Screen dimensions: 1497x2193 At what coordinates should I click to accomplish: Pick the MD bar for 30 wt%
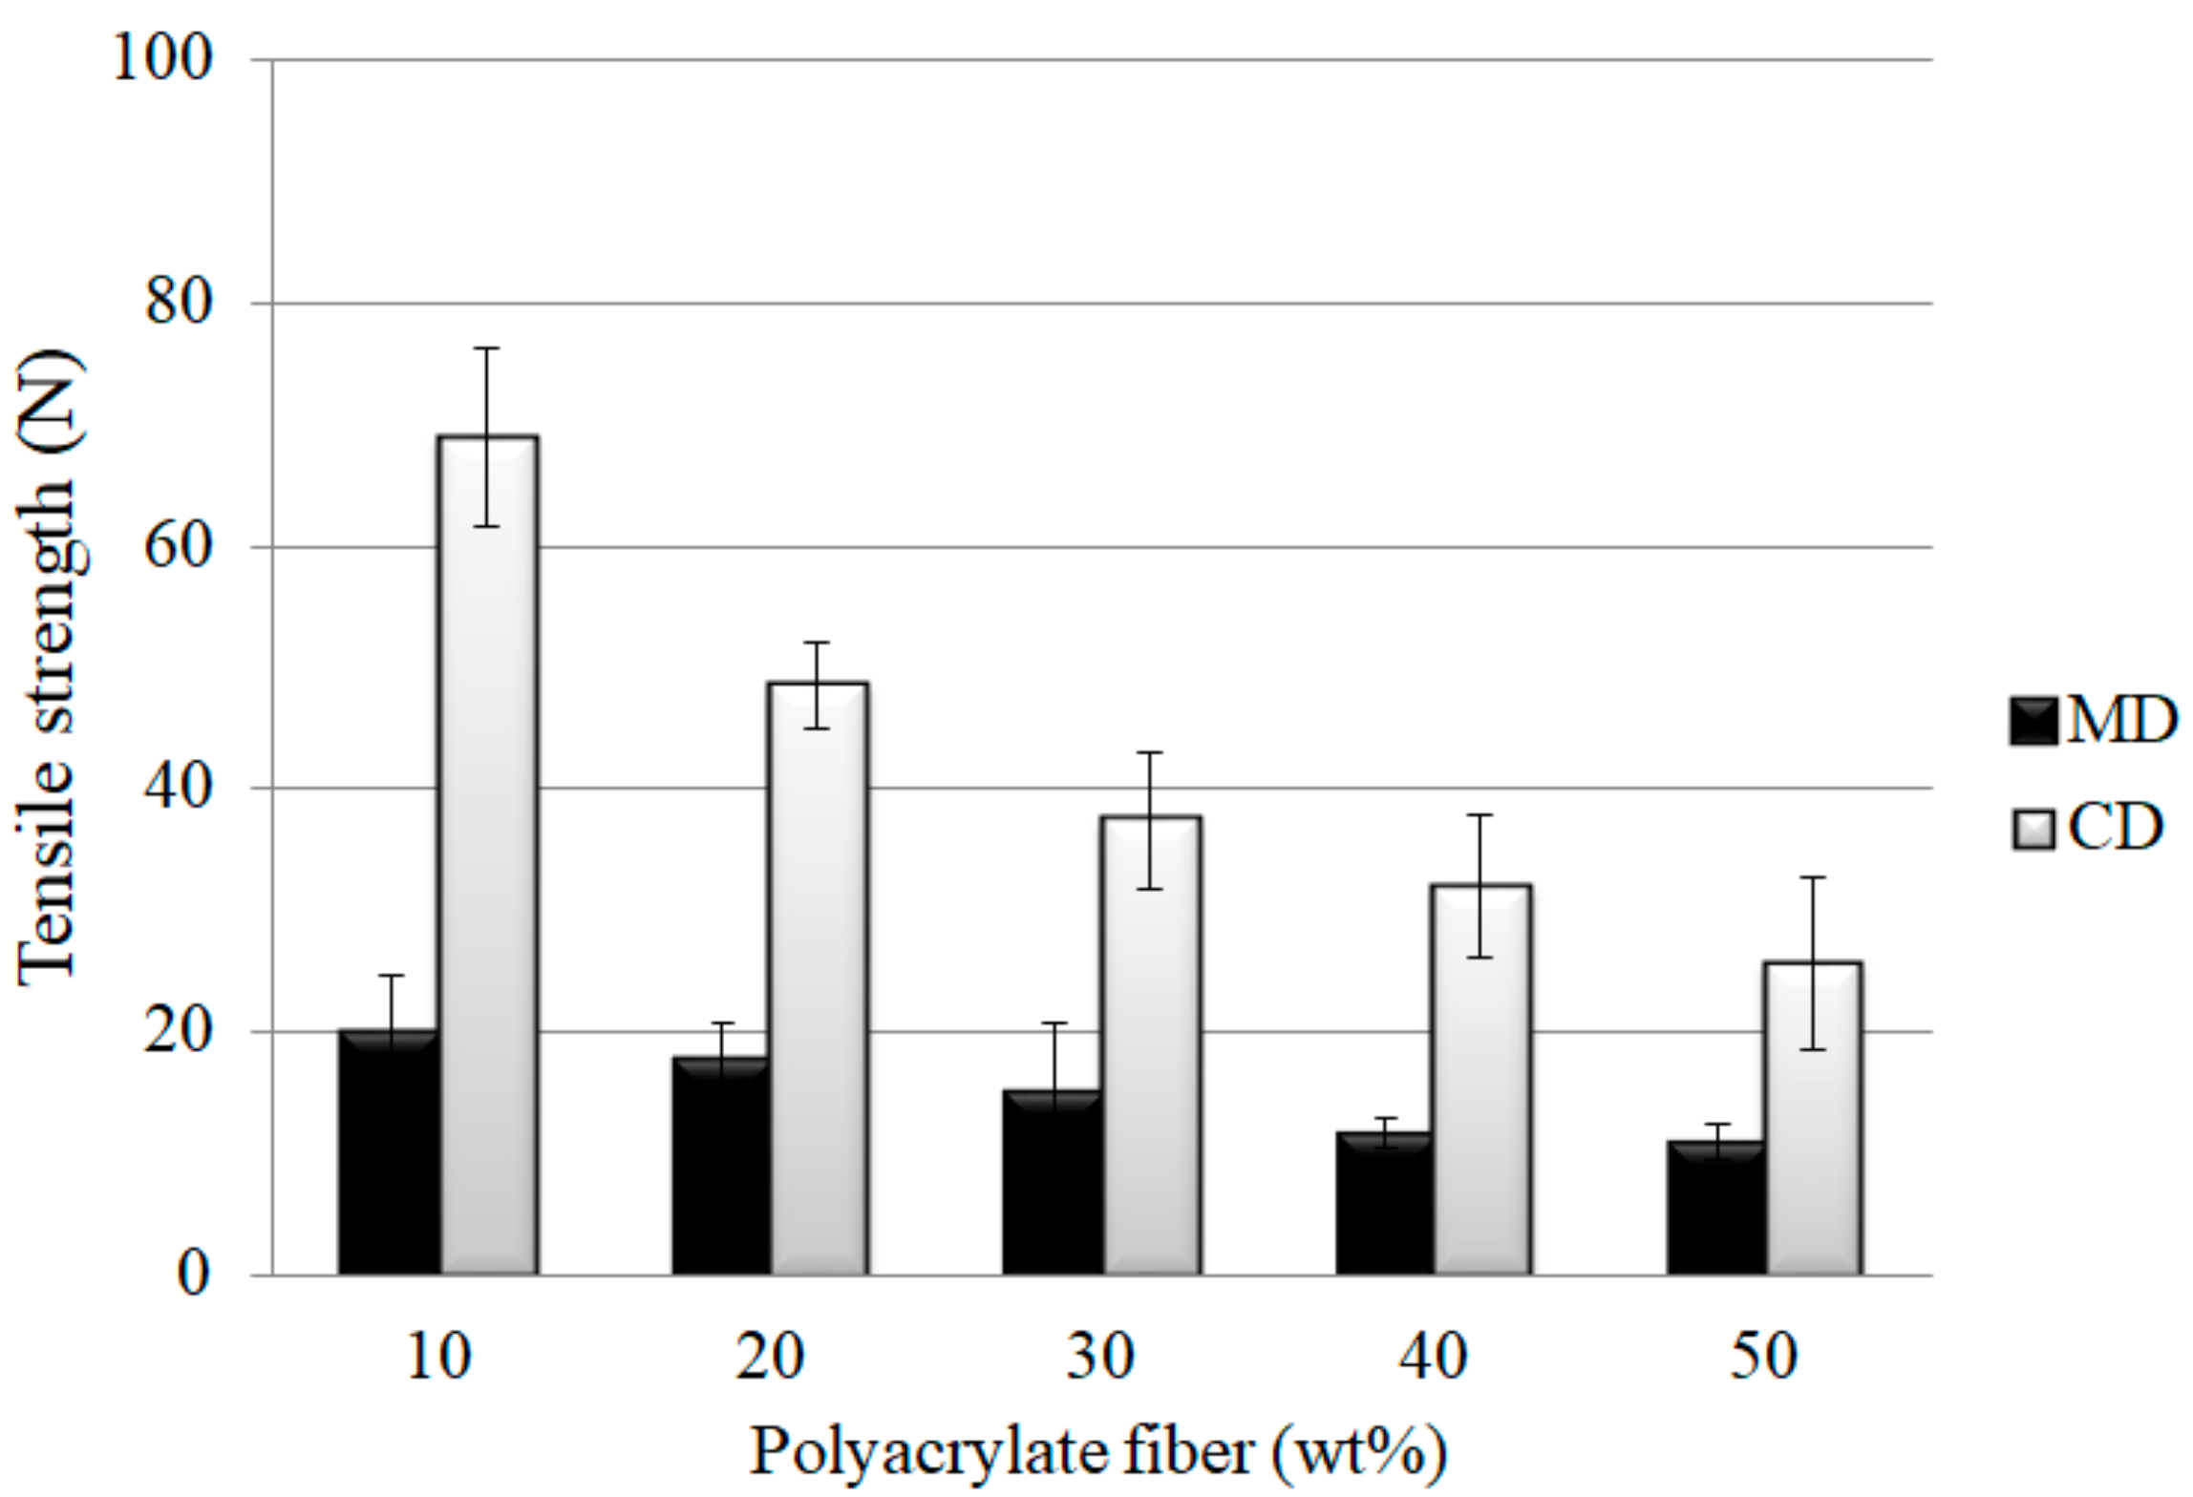(1053, 1183)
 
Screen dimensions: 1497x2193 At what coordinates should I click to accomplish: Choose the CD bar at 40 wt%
(1480, 1080)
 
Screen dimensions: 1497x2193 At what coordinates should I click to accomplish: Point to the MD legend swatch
(2033, 721)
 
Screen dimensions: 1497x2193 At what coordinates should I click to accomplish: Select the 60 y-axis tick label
(177, 547)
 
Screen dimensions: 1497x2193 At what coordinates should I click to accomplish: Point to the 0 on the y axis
(194, 1274)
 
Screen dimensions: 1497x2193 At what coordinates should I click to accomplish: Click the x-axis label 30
(1100, 1356)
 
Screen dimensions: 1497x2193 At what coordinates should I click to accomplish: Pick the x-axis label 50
(1763, 1356)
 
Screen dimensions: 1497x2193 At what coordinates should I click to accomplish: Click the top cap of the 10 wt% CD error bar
(487, 348)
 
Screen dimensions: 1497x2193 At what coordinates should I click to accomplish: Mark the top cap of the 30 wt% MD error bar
(1054, 1023)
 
